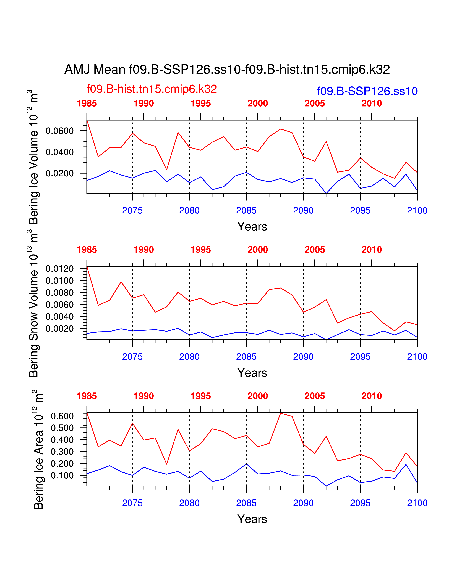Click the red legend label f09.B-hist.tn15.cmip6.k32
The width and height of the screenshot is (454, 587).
[152, 89]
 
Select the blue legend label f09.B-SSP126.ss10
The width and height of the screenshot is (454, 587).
[367, 91]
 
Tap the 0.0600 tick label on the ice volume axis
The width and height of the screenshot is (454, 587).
[59, 131]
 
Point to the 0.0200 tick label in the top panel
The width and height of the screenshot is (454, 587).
[59, 173]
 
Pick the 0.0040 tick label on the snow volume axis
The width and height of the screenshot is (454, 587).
[59, 317]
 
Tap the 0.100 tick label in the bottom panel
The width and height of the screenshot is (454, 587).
[62, 475]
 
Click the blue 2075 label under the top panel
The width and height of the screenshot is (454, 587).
[132, 210]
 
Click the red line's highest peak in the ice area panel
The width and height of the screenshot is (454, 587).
[281, 413]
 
